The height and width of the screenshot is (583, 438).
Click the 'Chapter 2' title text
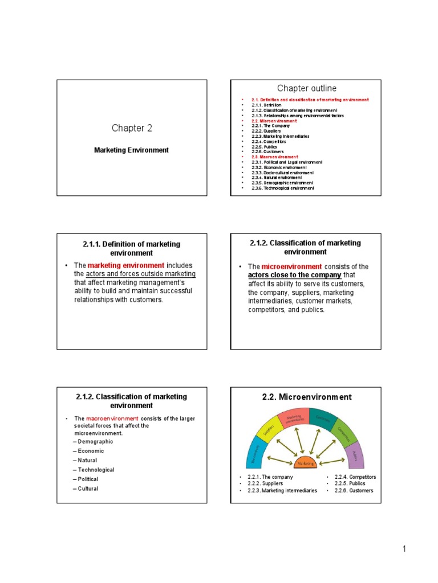pyautogui.click(x=132, y=128)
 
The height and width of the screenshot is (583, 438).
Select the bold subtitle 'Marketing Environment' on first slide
pyautogui.click(x=131, y=150)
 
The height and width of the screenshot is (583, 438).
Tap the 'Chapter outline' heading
pyautogui.click(x=307, y=88)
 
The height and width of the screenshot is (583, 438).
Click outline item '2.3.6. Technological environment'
pyautogui.click(x=283, y=188)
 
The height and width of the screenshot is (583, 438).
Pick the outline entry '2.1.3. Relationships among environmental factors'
pyautogui.click(x=298, y=116)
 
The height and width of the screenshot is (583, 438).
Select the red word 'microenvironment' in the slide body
pyautogui.click(x=291, y=266)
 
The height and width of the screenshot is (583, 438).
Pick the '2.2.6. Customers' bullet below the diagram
pyautogui.click(x=355, y=490)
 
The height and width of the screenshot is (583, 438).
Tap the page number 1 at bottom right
pyautogui.click(x=403, y=549)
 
